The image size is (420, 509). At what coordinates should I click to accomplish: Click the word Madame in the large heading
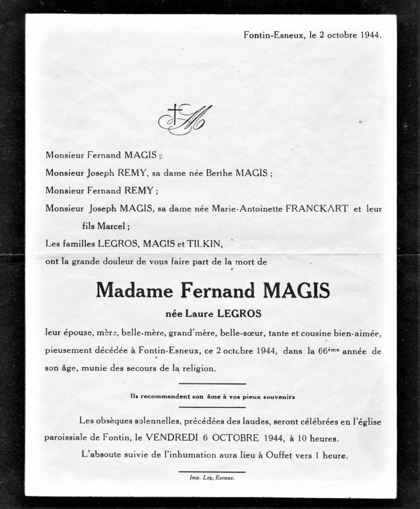[x=131, y=291]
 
